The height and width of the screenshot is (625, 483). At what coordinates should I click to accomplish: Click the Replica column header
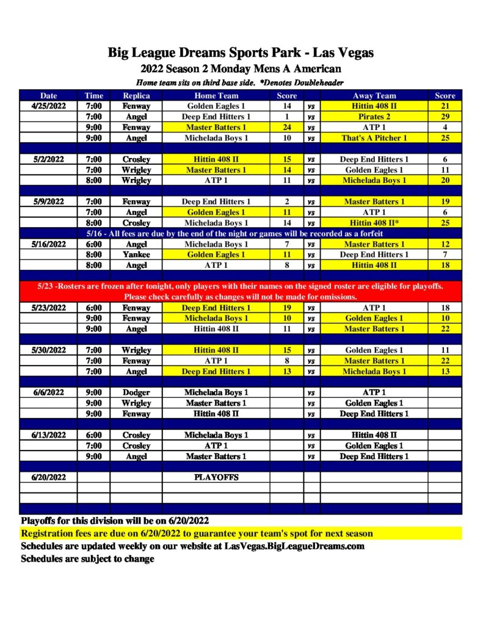(x=136, y=95)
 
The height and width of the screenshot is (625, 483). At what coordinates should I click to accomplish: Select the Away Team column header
(x=374, y=95)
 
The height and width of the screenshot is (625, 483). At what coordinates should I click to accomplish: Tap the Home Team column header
(x=216, y=95)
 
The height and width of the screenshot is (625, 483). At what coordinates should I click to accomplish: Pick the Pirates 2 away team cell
(x=374, y=117)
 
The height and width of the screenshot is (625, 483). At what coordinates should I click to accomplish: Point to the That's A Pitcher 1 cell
(x=374, y=138)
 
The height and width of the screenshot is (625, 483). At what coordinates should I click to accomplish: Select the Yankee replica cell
(x=136, y=255)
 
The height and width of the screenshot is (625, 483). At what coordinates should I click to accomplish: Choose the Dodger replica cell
(x=136, y=392)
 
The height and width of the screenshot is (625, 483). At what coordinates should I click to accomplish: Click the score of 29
(x=445, y=117)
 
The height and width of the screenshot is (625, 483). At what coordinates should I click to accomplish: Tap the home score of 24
(x=286, y=127)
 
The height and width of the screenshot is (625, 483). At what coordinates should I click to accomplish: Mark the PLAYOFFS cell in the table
(x=216, y=477)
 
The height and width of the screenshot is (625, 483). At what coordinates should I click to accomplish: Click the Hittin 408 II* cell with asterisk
(x=374, y=223)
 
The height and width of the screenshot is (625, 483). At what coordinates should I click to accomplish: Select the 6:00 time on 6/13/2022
(x=93, y=435)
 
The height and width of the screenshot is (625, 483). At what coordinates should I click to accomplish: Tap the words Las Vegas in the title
(x=343, y=52)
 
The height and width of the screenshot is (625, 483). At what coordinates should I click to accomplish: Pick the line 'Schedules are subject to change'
(x=87, y=558)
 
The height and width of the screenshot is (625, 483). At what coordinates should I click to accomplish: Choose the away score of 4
(x=445, y=127)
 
